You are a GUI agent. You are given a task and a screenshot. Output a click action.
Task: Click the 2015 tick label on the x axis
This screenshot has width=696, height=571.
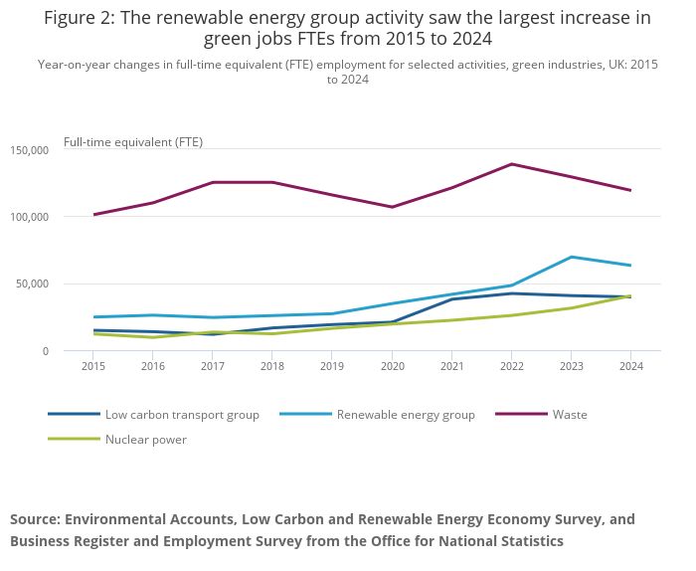pos(94,366)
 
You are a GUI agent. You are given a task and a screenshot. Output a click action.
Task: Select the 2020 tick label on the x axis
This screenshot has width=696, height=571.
pos(392,366)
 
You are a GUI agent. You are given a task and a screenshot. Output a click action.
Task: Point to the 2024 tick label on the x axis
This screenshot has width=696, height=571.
pos(630,366)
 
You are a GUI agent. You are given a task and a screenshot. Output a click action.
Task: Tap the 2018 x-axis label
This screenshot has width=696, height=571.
pos(272,366)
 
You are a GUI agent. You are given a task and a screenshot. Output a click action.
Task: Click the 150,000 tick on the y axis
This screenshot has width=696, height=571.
pos(29,150)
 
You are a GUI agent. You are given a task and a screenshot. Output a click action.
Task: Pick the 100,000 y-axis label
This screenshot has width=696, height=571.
pos(29,217)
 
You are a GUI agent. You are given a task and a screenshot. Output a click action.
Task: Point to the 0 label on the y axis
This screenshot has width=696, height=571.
pos(44,351)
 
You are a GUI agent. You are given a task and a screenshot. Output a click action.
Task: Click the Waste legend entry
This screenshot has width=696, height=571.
pos(570,414)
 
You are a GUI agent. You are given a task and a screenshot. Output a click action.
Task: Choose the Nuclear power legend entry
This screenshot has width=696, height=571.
pos(145,439)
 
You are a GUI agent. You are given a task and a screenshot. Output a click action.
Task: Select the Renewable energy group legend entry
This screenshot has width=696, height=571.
pos(406,414)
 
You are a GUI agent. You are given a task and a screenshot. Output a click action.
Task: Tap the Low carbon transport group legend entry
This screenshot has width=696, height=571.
pos(182,414)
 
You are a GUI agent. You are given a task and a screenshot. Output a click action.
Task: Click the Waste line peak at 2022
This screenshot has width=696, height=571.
pos(511,164)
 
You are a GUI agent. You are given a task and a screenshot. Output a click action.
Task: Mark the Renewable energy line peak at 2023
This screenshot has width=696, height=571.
pos(571,257)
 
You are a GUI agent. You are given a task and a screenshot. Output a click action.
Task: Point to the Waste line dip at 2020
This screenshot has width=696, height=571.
pos(392,207)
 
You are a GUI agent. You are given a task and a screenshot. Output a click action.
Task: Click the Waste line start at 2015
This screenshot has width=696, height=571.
pos(94,214)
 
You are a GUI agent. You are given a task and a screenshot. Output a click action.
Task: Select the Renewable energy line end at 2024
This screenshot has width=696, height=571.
pos(630,266)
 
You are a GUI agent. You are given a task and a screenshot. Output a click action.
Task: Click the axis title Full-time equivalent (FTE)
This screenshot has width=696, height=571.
pos(133,142)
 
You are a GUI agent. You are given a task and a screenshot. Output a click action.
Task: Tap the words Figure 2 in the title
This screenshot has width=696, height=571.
pos(77,18)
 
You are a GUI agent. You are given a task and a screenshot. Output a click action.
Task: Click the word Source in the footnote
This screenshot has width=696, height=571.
pos(36,519)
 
